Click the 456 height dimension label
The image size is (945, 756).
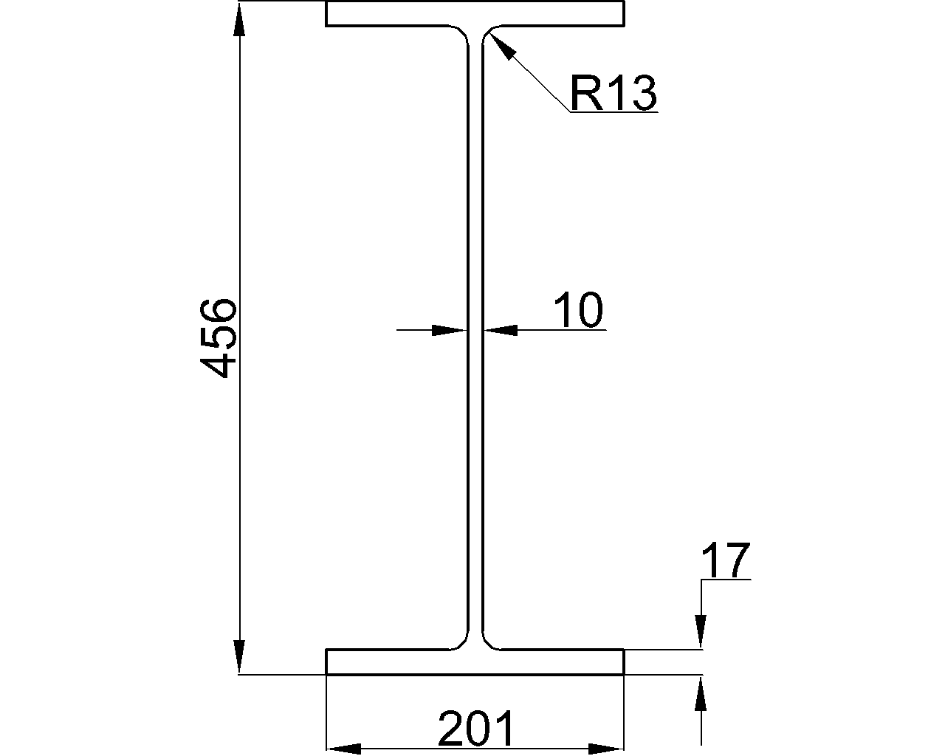coord(219,338)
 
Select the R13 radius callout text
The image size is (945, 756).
coord(614,93)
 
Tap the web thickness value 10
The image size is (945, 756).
coord(578,310)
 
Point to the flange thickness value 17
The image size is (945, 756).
coord(726,560)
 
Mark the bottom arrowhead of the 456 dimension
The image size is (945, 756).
coord(239,657)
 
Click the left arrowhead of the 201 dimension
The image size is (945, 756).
coord(344,749)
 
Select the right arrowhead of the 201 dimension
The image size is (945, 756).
coord(606,749)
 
